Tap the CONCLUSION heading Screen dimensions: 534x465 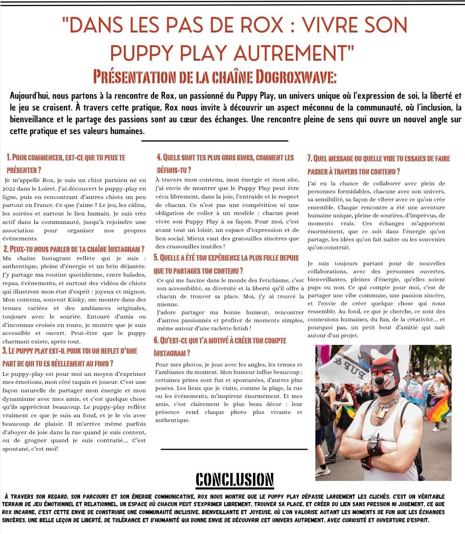click(x=235, y=479)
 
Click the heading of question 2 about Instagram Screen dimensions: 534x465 click(x=73, y=248)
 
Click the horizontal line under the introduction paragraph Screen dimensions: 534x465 click(x=214, y=140)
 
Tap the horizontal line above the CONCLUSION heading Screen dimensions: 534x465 click(x=234, y=449)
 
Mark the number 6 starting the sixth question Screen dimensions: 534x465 click(x=156, y=340)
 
